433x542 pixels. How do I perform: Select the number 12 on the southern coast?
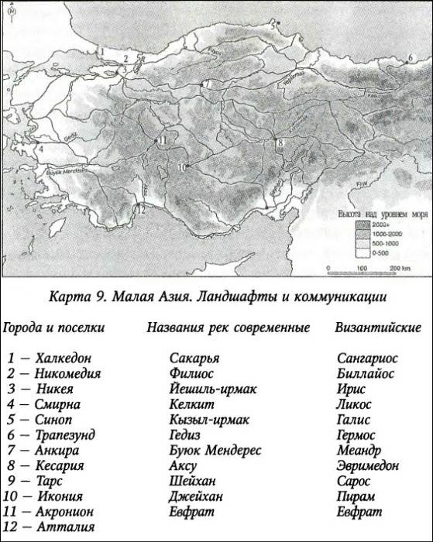[140, 208]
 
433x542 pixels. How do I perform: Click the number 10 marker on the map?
[180, 167]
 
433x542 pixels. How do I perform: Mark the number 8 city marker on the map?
[280, 143]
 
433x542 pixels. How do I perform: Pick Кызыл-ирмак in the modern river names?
[210, 419]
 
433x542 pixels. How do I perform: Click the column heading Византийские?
[378, 328]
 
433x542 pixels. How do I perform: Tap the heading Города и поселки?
[54, 328]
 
